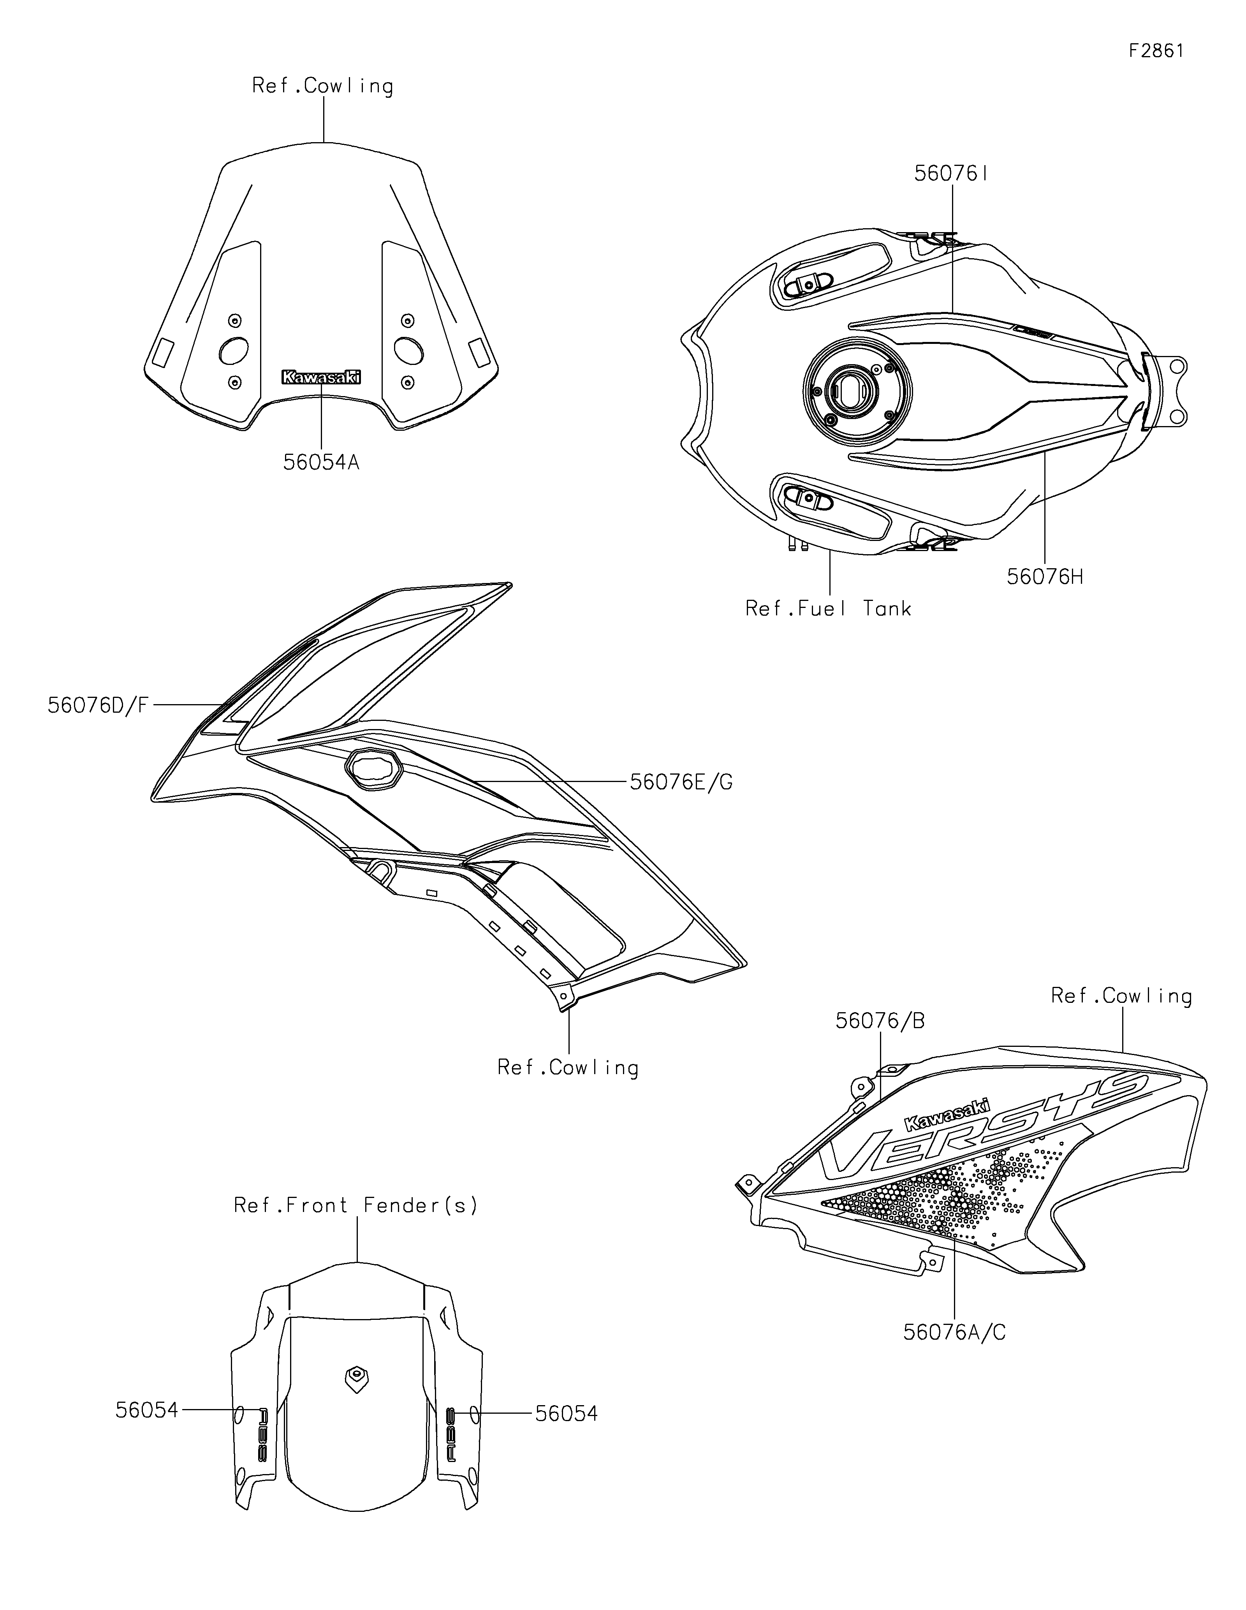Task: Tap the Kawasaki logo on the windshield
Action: pyautogui.click(x=321, y=377)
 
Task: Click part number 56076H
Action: pyautogui.click(x=1045, y=576)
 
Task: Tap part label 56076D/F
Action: pyautogui.click(x=98, y=705)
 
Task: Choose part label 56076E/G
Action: pyautogui.click(x=681, y=782)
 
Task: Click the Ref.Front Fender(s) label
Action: pyautogui.click(x=356, y=1205)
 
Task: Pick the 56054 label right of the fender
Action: pyautogui.click(x=566, y=1413)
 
